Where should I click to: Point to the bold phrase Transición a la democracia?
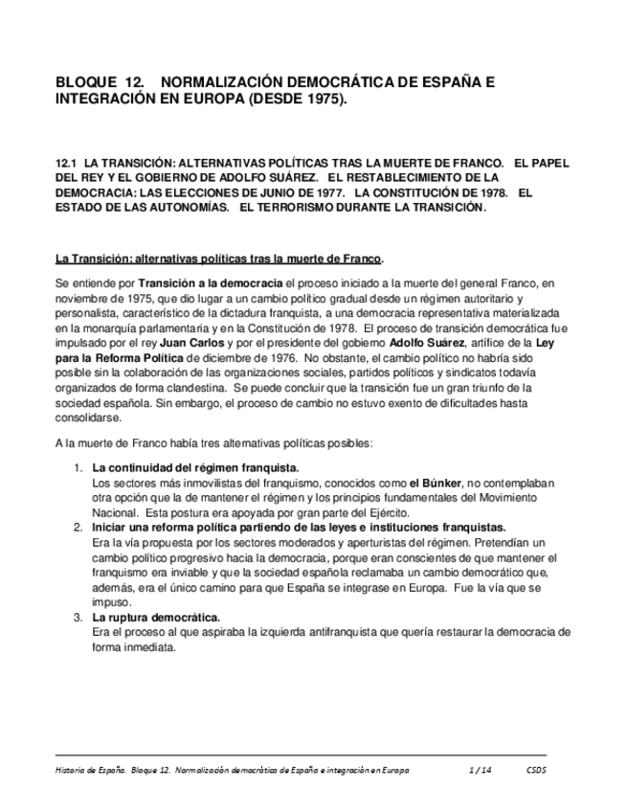211,283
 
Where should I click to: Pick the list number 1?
78,468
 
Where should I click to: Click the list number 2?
78,528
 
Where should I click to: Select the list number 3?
78,617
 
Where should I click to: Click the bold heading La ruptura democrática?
156,617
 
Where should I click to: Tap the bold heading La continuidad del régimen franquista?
195,468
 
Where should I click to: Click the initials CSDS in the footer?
537,770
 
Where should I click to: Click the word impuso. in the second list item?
111,602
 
